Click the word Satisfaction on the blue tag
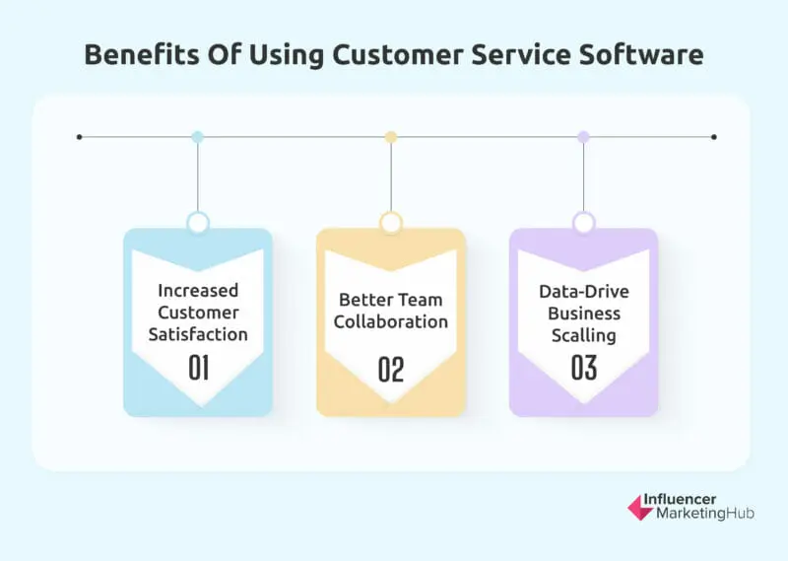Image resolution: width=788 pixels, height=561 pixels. coord(198,334)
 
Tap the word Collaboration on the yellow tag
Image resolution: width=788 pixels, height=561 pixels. coord(391,321)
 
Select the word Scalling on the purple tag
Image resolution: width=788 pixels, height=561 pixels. coord(584,334)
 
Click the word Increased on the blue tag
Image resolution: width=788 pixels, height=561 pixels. coord(198,291)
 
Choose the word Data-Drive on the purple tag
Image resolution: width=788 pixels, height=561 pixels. coord(584,291)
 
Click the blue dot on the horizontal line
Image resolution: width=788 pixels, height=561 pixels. coord(198,137)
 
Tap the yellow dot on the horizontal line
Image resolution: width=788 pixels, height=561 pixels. coord(391,137)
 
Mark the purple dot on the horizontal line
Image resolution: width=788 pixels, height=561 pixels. coord(583,137)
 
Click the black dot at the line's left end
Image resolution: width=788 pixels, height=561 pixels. coord(80,137)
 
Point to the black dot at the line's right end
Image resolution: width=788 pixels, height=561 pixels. coord(713,137)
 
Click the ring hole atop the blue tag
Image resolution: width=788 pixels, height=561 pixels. coord(198,223)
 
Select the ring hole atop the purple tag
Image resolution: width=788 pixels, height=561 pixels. coord(584,223)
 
